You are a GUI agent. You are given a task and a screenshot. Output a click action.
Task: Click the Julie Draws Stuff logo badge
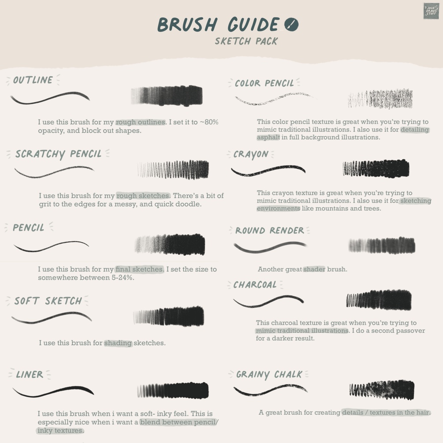pyautogui.click(x=431, y=11)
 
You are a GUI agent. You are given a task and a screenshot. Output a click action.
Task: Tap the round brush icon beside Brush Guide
pyautogui.click(x=291, y=24)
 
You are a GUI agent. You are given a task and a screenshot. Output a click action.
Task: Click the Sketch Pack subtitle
pyautogui.click(x=246, y=41)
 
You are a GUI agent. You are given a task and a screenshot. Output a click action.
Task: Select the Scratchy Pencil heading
pyautogui.click(x=58, y=154)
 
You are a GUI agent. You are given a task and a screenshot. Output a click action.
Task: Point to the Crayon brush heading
pyautogui.click(x=251, y=154)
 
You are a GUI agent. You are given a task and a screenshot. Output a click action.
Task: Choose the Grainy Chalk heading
pyautogui.click(x=269, y=375)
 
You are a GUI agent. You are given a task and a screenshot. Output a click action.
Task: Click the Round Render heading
pyautogui.click(x=270, y=231)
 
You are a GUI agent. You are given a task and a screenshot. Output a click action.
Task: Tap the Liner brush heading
pyautogui.click(x=30, y=375)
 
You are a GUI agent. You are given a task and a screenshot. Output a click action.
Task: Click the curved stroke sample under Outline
pyautogui.click(x=50, y=98)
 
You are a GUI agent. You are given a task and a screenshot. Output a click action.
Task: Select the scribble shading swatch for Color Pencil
pyautogui.click(x=380, y=99)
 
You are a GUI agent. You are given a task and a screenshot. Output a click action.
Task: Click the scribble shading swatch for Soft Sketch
pyautogui.click(x=169, y=316)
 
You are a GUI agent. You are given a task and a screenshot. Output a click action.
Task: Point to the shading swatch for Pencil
pyautogui.click(x=170, y=244)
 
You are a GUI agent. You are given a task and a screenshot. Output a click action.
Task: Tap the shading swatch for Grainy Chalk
pyautogui.click(x=382, y=390)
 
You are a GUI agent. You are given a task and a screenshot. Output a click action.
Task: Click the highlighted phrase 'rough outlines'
pyautogui.click(x=141, y=122)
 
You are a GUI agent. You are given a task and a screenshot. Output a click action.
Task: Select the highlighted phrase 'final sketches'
pyautogui.click(x=139, y=269)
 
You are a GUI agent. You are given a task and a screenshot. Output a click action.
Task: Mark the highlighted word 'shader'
pyautogui.click(x=314, y=269)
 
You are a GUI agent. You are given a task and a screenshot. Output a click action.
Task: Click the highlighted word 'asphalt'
pyautogui.click(x=268, y=137)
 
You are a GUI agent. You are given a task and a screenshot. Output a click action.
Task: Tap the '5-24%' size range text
pyautogui.click(x=123, y=277)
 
